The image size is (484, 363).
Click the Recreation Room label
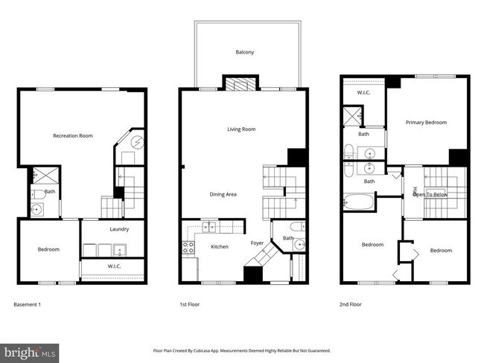[72, 136]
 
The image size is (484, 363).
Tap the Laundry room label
[119, 229]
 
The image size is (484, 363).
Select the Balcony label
[245, 52]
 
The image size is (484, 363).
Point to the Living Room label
[241, 129]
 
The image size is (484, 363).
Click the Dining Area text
[223, 194]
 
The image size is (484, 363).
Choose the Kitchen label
[219, 246]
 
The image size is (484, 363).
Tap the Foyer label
[257, 243]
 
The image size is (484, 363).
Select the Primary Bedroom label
[426, 122]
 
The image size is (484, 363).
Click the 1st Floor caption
[189, 304]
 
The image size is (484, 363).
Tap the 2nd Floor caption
[352, 304]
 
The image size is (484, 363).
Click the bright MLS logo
[30, 351]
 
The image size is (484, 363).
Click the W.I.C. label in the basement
[115, 266]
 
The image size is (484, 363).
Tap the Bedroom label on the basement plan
[48, 249]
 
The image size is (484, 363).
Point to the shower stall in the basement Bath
[38, 176]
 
